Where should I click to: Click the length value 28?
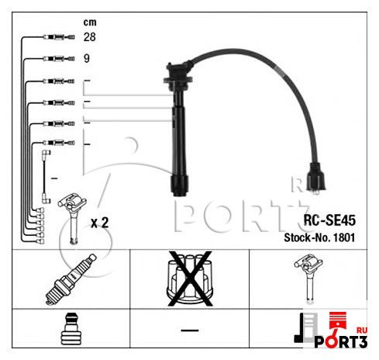point(89,37)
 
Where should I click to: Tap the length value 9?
point(87,58)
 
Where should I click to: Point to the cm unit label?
point(90,22)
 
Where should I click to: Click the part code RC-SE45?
point(329,220)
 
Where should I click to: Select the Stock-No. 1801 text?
point(319,237)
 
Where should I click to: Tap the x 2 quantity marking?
point(100,223)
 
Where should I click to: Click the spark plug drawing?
point(71,279)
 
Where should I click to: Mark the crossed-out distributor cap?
point(190,279)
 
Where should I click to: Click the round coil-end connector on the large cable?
point(317,178)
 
